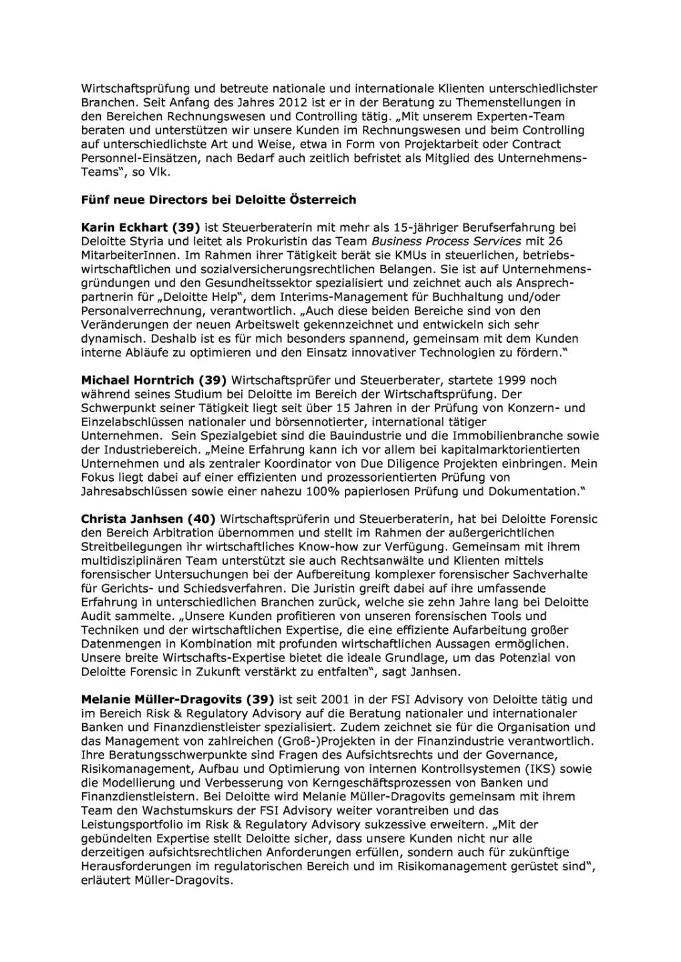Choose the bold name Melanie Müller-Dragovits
(x=161, y=699)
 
